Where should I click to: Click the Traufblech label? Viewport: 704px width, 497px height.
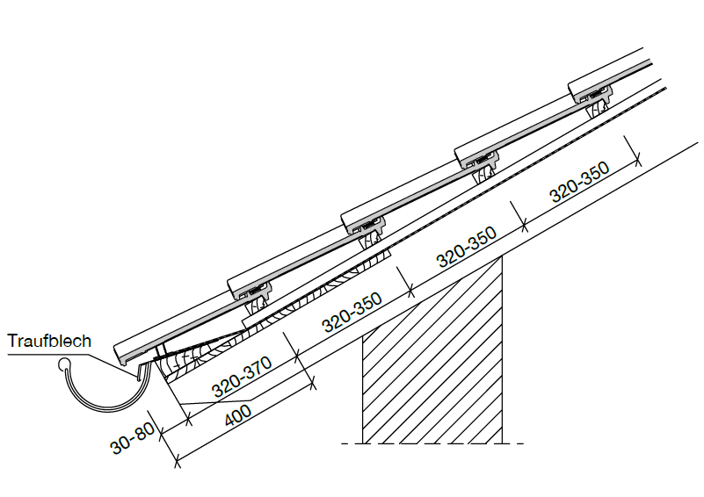tap(49, 341)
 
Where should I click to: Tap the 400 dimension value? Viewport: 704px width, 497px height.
tap(238, 416)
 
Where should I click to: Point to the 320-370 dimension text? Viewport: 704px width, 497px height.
tap(242, 377)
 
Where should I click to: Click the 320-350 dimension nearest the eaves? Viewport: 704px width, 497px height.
tap(352, 312)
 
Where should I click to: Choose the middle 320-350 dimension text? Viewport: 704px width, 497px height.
tap(467, 246)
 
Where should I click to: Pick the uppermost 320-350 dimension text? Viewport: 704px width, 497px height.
tap(579, 182)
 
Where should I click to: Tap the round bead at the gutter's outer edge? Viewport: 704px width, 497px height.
tap(64, 364)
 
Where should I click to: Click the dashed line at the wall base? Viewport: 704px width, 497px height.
tap(432, 443)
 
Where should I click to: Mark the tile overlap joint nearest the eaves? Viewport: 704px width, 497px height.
tap(250, 291)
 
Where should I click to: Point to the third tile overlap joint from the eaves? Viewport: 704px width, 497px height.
tap(477, 160)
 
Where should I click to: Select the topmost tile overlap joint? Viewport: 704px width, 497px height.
tap(591, 95)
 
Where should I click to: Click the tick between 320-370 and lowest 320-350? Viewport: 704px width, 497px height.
tap(297, 358)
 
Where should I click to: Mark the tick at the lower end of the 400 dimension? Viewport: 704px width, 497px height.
tap(177, 459)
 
